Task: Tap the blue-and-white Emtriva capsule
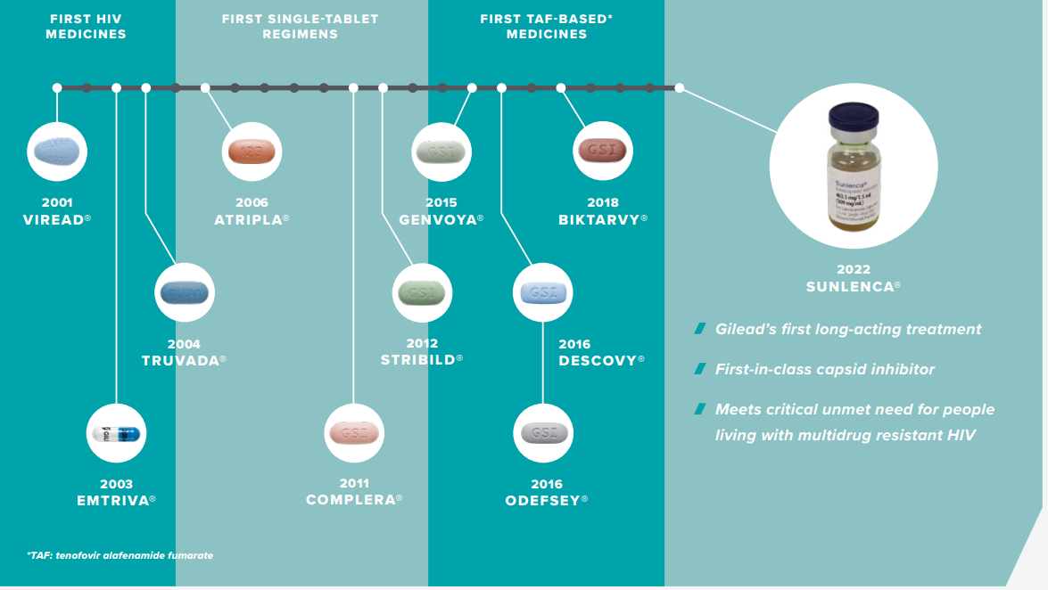[x=116, y=434]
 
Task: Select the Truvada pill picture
[x=185, y=292]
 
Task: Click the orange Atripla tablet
[x=252, y=151]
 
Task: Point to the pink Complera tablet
[x=354, y=433]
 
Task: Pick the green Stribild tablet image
[x=423, y=292]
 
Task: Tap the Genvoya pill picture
[x=441, y=152]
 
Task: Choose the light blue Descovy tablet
[x=543, y=292]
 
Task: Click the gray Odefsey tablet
[x=543, y=433]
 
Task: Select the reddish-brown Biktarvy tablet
[x=603, y=151]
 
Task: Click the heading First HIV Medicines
[x=87, y=27]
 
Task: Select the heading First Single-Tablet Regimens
[x=300, y=27]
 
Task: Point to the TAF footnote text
[x=120, y=555]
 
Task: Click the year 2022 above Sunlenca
[x=854, y=269]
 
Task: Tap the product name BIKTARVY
[x=599, y=219]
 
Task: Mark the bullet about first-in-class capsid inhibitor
[x=825, y=369]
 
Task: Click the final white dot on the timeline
[x=680, y=87]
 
